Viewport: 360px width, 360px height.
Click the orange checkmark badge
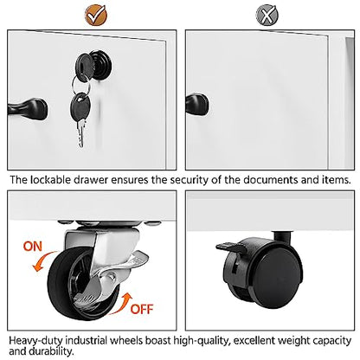tap(96, 15)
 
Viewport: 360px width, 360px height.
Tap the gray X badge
tap(267, 15)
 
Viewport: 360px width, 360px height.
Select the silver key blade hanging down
tap(81, 132)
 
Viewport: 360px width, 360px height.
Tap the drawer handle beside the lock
tap(28, 109)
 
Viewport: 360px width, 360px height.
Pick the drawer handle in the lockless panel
tap(197, 105)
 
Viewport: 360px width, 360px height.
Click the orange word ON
tap(33, 247)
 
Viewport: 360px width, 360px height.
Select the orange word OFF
tap(142, 309)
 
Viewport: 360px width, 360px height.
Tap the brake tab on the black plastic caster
tap(229, 247)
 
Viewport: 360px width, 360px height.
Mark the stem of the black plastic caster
tap(283, 237)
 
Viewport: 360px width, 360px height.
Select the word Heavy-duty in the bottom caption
tap(35, 341)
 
